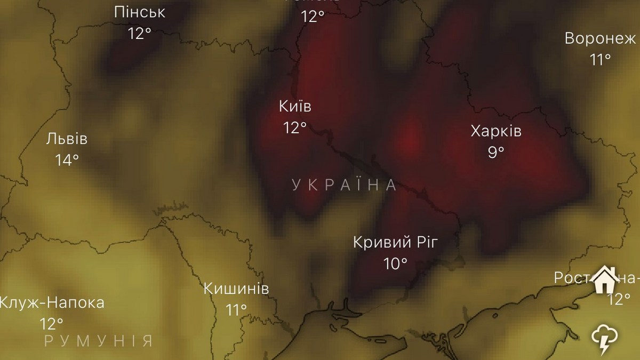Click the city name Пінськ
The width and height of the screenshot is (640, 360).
[140, 12]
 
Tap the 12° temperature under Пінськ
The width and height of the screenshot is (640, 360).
[140, 33]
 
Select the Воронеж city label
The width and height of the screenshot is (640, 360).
[600, 39]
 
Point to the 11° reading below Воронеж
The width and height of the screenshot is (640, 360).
[601, 59]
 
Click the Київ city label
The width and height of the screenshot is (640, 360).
[295, 106]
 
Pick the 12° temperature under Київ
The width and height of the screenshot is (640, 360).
[295, 127]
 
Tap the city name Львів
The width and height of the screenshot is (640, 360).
[67, 139]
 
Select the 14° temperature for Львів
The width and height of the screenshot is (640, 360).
[67, 159]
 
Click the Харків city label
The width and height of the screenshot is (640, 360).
[496, 131]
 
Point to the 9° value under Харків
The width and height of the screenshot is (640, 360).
[496, 152]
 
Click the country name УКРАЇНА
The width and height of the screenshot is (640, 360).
[345, 185]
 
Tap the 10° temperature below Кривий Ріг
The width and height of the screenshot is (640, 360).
[396, 263]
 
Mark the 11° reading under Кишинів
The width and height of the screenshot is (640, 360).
[236, 309]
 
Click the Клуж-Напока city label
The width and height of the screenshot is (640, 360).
[52, 303]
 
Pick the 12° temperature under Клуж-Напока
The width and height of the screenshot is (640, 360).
[52, 323]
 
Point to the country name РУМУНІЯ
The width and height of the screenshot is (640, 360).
[99, 341]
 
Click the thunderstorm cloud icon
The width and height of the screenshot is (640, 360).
[605, 339]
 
